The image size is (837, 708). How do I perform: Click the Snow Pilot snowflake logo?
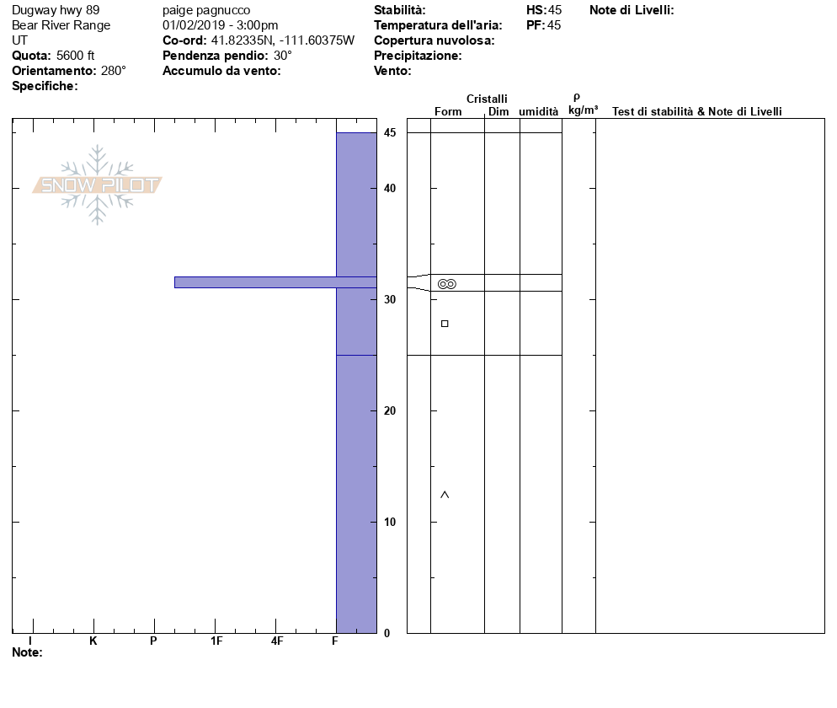point(97,185)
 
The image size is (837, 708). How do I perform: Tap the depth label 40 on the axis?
point(390,188)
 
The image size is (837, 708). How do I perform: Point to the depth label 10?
point(390,522)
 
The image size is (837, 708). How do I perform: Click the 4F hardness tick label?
point(276,641)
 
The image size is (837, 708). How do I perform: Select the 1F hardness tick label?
point(216,641)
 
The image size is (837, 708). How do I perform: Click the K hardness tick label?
point(93,641)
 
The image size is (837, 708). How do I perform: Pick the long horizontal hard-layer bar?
point(275,282)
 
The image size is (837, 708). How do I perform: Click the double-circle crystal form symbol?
point(447,284)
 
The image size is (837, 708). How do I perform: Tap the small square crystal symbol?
point(445,324)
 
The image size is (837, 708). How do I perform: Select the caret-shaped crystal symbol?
point(445,495)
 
